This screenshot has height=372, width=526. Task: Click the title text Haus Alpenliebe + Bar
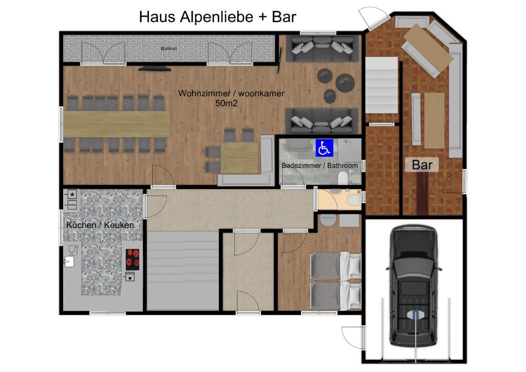point(217,16)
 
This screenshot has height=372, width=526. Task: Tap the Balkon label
point(168,49)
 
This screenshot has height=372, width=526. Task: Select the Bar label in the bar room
point(422,165)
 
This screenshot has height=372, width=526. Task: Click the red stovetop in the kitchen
point(133,259)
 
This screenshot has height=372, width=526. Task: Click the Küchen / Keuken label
point(100,225)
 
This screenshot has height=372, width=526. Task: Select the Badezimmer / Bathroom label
point(320,165)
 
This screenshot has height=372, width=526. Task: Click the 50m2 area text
point(226,103)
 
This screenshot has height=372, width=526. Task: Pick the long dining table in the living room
point(117,123)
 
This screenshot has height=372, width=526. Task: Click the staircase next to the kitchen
point(183,271)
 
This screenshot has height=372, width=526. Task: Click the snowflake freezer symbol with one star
point(72,194)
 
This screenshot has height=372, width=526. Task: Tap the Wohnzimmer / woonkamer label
point(231,93)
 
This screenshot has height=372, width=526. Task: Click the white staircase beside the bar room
point(382,85)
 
